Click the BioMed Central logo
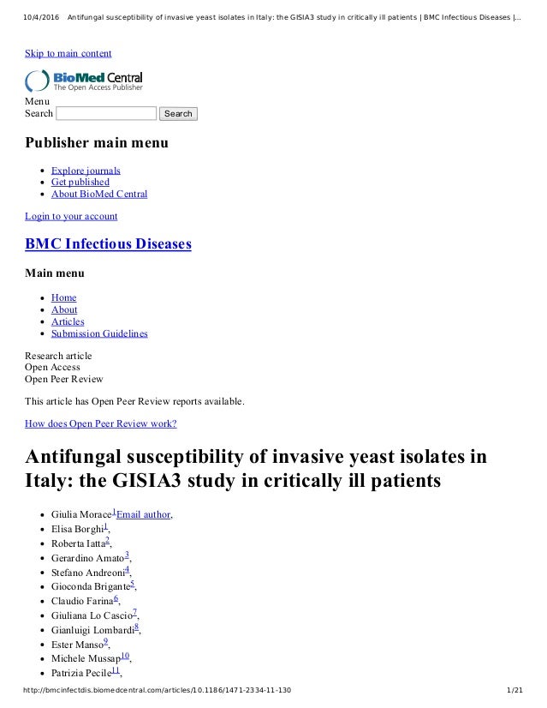coord(84,81)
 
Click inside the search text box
coord(106,113)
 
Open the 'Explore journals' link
coord(86,170)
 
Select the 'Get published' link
coord(80,182)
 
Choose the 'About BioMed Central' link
coord(99,194)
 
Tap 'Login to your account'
coord(71,216)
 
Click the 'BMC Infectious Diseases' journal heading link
coord(108,244)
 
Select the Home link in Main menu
coord(63,297)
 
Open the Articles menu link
coord(68,321)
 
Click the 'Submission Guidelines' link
coord(99,333)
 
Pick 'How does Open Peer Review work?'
coord(101,423)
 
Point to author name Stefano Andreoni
coord(86,572)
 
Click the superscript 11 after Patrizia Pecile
coord(115,670)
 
